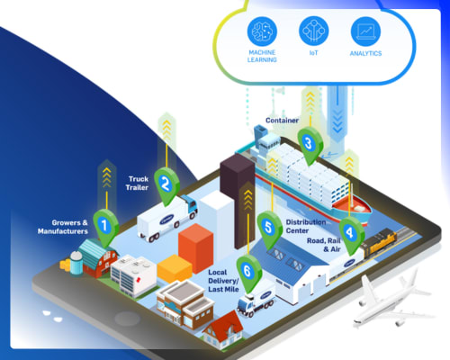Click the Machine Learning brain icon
tap(262, 31)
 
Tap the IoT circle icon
tap(314, 31)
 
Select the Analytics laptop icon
tap(365, 31)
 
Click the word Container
tap(282, 121)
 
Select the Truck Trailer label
tap(137, 183)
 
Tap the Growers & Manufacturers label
tap(63, 227)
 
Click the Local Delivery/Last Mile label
tap(223, 281)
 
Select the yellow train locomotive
tap(379, 241)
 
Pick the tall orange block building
tap(195, 248)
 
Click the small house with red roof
tap(222, 330)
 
